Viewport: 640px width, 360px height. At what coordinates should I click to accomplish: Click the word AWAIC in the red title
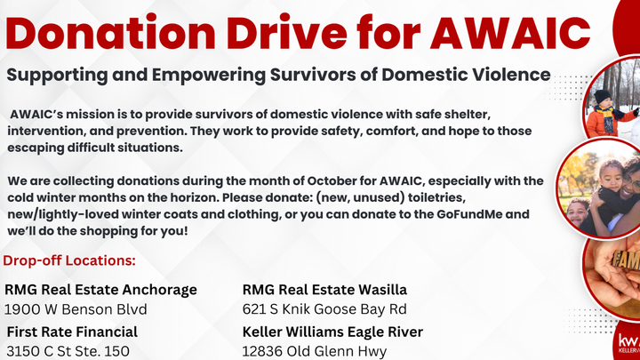[x=510, y=32]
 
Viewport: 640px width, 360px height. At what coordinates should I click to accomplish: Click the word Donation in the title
[x=110, y=32]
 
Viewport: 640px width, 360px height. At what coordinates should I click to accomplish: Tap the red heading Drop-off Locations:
[x=69, y=260]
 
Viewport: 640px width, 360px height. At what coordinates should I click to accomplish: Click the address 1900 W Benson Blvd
[x=76, y=309]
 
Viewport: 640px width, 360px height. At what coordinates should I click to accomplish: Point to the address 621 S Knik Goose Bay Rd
[x=324, y=309]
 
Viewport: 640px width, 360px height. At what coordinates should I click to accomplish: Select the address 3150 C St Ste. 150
[x=68, y=351]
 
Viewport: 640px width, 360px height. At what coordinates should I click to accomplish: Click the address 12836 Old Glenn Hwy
[x=315, y=351]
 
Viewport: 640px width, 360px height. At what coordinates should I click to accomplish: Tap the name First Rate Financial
[x=72, y=332]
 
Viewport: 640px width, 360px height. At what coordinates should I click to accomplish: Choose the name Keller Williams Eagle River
[x=332, y=332]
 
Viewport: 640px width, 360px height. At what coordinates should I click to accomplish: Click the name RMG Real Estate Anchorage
[x=100, y=290]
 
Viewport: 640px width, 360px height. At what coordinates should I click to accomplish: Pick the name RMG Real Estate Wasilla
[x=324, y=290]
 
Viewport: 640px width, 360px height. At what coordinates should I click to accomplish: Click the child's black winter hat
[x=602, y=97]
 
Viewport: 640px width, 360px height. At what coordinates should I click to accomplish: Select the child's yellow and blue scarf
[x=605, y=117]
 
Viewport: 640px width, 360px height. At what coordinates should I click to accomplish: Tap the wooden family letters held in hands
[x=626, y=260]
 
